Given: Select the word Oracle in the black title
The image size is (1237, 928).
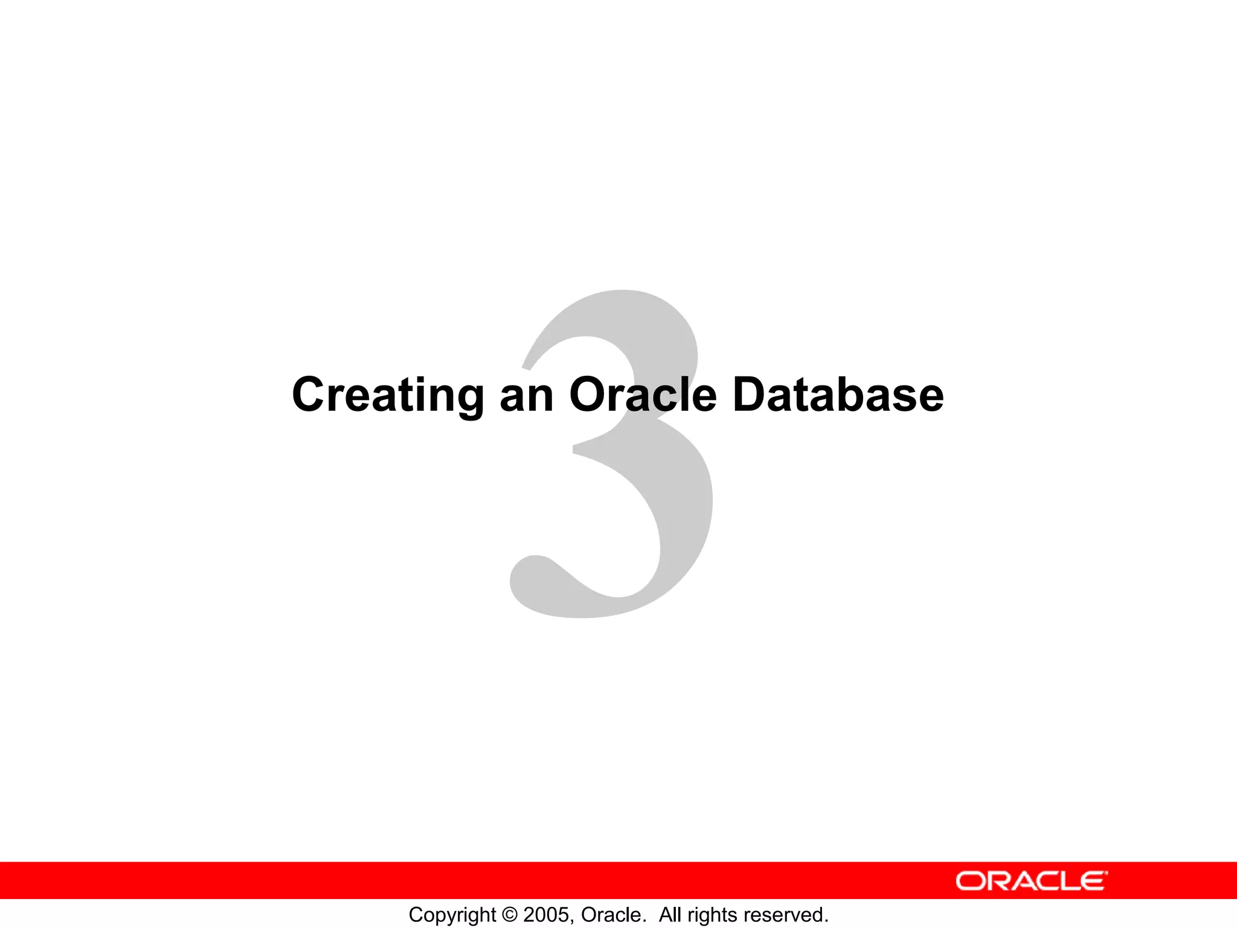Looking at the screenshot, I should point(643,395).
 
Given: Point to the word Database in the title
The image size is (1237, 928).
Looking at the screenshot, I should point(838,395).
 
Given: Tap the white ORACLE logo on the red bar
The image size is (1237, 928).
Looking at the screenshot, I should point(1032,881).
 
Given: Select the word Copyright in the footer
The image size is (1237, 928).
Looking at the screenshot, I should point(452,915).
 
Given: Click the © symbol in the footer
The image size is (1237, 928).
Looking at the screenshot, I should point(510,915).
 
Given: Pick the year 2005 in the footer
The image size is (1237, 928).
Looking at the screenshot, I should point(547,915).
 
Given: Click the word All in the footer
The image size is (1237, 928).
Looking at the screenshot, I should point(670,915).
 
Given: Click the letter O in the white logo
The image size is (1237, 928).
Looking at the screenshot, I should point(970,881).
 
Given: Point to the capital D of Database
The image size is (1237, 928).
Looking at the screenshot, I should point(750,395).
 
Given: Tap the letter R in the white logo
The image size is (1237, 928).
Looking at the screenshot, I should point(995,881).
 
